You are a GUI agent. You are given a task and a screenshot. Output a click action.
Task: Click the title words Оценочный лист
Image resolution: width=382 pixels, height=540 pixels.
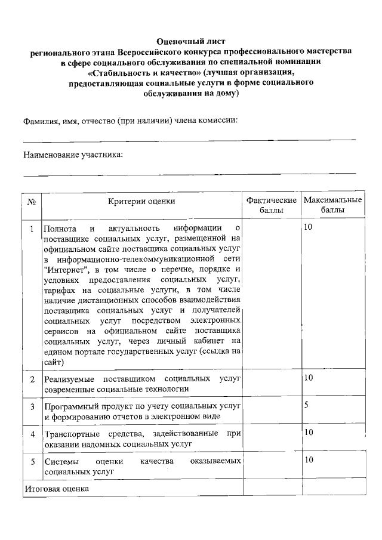coord(191,41)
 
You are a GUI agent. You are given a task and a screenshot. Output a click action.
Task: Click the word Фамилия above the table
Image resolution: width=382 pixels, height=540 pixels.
coord(41,119)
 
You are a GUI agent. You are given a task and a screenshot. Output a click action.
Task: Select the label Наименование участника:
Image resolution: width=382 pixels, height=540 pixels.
coord(73,155)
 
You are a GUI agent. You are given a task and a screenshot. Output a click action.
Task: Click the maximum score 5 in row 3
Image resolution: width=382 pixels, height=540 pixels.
coord(306,405)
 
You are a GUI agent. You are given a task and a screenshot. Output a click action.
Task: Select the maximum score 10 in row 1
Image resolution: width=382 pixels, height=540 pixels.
coord(308,227)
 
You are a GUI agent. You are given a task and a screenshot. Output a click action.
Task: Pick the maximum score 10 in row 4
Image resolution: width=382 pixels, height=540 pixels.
coord(308,433)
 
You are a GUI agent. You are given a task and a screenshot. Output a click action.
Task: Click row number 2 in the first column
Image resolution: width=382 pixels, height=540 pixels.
coord(32,379)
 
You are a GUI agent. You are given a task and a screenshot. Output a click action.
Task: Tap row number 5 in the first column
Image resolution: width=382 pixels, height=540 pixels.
coord(32,461)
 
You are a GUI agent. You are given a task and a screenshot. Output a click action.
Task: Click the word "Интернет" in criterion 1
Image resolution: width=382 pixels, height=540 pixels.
coord(67,270)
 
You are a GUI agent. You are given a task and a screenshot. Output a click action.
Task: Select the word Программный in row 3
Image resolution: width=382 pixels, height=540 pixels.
coord(69,406)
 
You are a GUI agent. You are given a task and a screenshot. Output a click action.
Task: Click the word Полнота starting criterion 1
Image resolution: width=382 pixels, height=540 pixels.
coord(60,228)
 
